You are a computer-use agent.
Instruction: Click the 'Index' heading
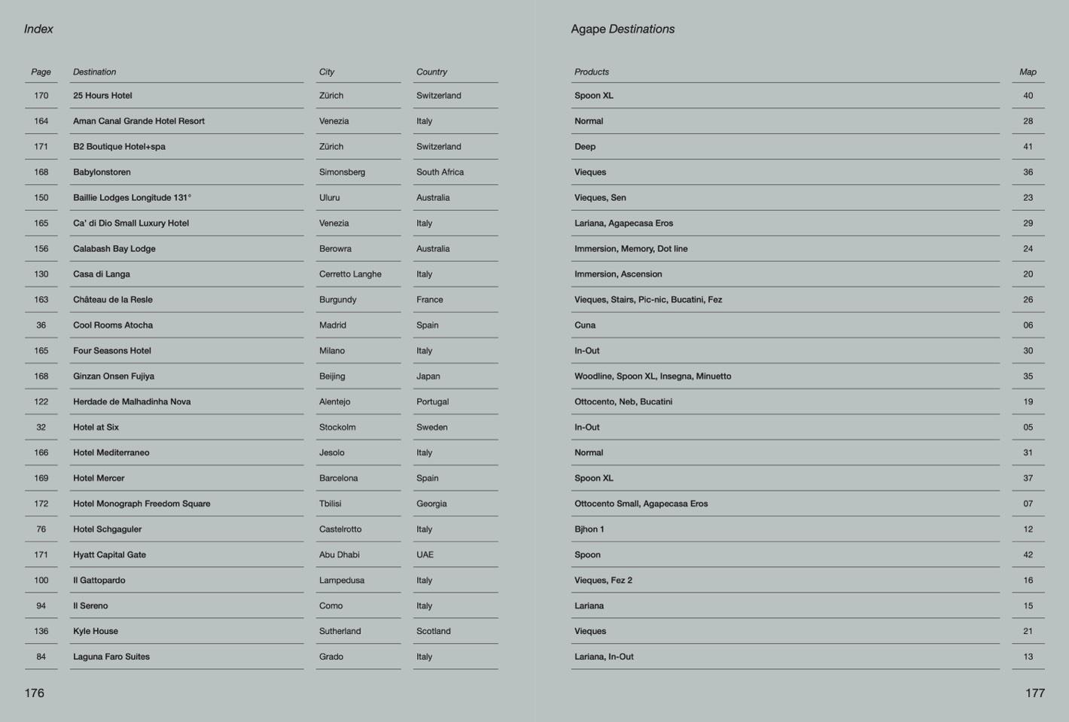[38, 29]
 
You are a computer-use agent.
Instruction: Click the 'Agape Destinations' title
[623, 29]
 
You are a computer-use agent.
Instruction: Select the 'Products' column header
[592, 72]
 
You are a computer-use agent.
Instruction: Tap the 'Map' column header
[1028, 72]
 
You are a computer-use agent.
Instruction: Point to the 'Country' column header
[431, 72]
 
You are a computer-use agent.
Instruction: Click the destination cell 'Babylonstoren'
[102, 172]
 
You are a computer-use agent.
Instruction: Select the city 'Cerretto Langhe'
[350, 274]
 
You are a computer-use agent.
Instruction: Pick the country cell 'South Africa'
[440, 172]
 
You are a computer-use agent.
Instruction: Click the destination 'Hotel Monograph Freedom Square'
[142, 504]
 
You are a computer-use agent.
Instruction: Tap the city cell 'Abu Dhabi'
[339, 555]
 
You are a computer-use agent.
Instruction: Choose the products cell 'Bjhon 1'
[589, 529]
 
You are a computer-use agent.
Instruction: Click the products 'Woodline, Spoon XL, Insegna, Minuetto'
[652, 376]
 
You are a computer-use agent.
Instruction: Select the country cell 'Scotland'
[433, 632]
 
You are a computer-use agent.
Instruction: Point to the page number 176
[35, 693]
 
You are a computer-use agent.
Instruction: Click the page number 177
[1034, 693]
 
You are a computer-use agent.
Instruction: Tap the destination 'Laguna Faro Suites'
[111, 657]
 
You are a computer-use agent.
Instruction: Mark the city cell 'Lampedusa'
[341, 580]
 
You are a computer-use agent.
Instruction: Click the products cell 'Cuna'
[585, 325]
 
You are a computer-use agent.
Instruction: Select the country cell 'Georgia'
[431, 504]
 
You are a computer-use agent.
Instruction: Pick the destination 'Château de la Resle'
[112, 300]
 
